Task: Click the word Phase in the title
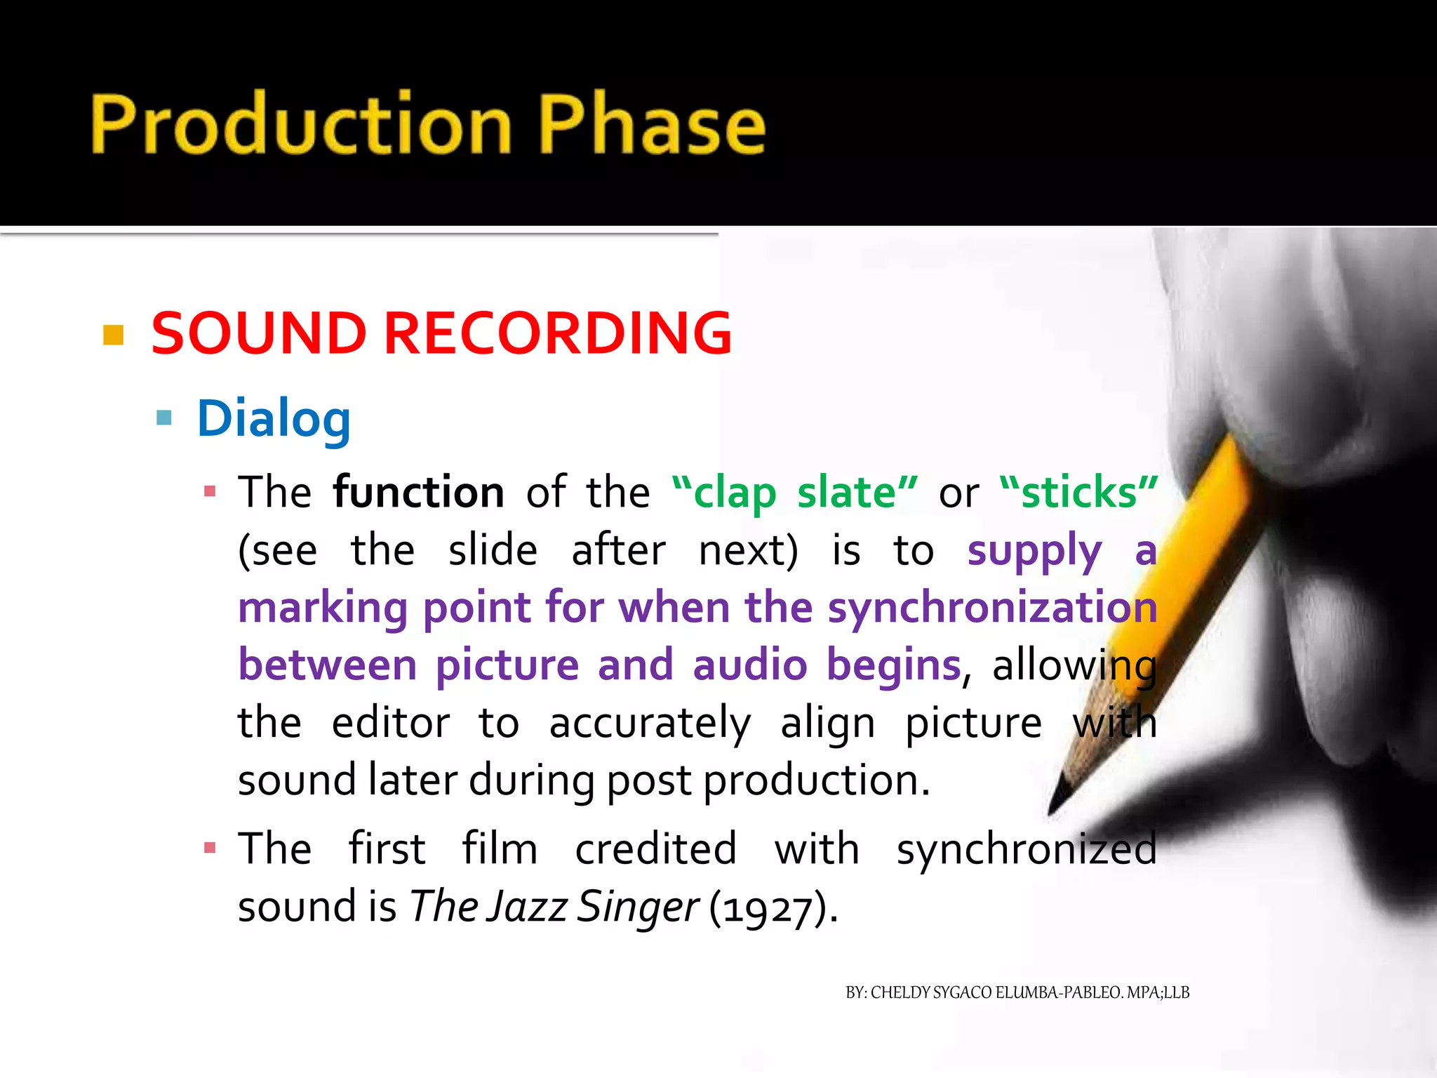[653, 124]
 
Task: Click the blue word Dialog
[274, 419]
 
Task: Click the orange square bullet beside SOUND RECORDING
[113, 335]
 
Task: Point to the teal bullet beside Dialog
[164, 418]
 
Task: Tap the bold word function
[419, 492]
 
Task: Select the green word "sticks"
[1078, 492]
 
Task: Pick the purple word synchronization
[992, 607]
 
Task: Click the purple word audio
[749, 665]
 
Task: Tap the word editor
[391, 723]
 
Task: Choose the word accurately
[650, 723]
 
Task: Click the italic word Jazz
[528, 906]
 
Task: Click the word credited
[656, 849]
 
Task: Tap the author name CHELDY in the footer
[900, 992]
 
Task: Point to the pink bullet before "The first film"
[210, 848]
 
